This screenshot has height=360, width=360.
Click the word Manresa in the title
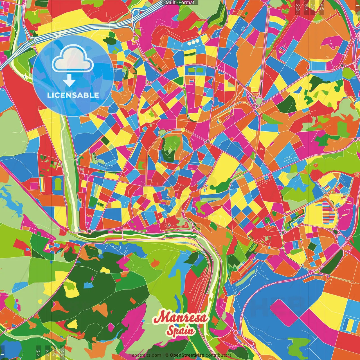pyautogui.click(x=180, y=318)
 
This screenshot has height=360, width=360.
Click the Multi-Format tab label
pyautogui.click(x=180, y=3)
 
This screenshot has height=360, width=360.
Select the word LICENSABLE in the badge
pyautogui.click(x=73, y=95)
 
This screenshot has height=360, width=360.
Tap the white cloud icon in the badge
pyautogui.click(x=73, y=59)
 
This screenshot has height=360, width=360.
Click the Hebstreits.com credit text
pyautogui.click(x=145, y=355)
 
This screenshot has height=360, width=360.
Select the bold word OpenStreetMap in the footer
pyautogui.click(x=187, y=355)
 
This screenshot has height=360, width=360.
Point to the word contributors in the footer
pyautogui.click(x=219, y=355)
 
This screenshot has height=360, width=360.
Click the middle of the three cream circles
pyautogui.click(x=193, y=42)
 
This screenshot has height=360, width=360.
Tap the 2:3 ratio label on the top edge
pyautogui.click(x=298, y=7)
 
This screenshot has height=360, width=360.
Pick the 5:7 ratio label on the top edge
pyautogui.click(x=306, y=7)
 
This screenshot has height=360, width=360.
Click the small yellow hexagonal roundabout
pyautogui.click(x=183, y=130)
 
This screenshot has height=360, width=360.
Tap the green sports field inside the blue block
pyautogui.click(x=58, y=184)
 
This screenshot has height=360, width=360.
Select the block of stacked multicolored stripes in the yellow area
pyautogui.click(x=327, y=212)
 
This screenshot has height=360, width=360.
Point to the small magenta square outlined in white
pyautogui.click(x=34, y=186)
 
